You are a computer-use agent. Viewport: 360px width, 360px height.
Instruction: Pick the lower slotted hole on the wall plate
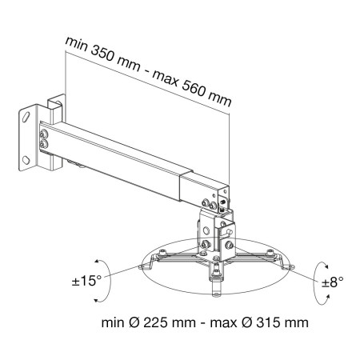(x=30, y=161)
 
